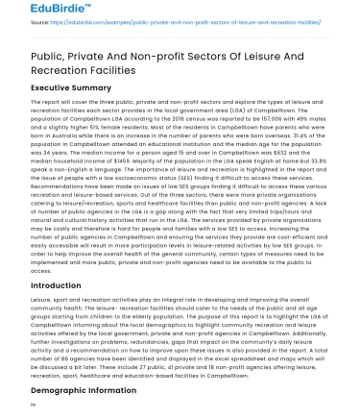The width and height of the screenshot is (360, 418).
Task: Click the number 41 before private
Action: point(152,351)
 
